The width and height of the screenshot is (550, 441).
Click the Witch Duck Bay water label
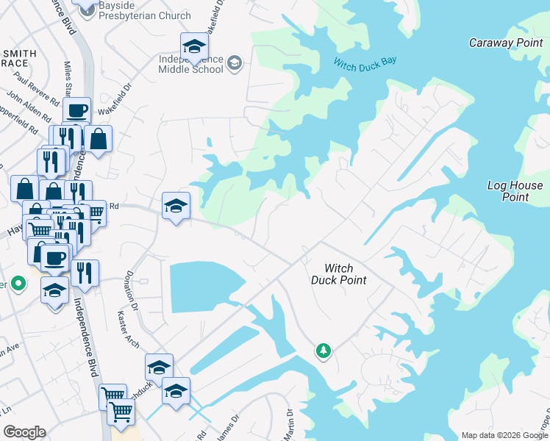tap(365, 62)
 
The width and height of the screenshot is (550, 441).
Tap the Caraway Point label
tap(506, 43)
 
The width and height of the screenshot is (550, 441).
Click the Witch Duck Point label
tap(338, 274)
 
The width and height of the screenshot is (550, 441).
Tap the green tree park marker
tap(323, 351)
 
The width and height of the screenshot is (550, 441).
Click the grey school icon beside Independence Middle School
tap(235, 64)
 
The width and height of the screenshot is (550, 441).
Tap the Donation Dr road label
tap(132, 290)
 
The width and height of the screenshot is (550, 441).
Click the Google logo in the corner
tap(24, 432)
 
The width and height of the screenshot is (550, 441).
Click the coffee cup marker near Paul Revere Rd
tap(76, 112)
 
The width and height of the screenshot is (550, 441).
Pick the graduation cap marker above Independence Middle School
tap(194, 47)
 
